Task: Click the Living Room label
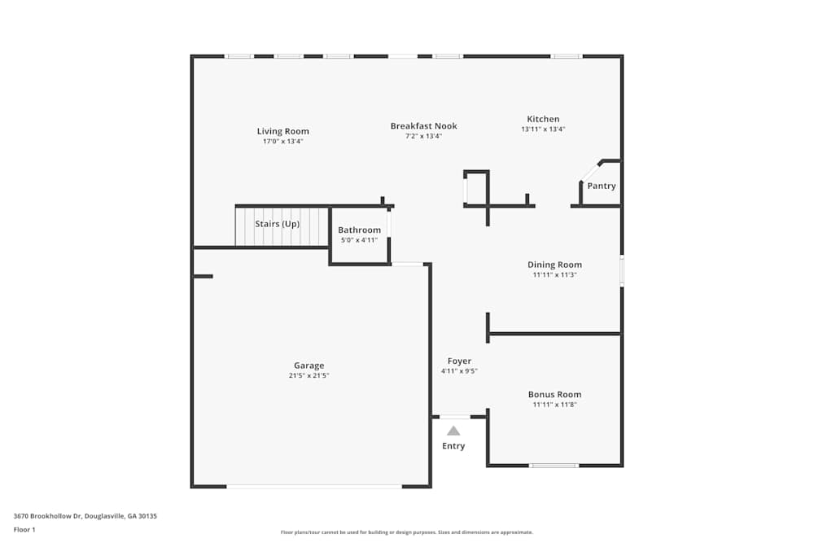(x=282, y=131)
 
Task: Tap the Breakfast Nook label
(x=423, y=126)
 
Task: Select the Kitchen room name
(x=543, y=119)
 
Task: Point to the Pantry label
(x=602, y=186)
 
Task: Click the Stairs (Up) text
(x=278, y=224)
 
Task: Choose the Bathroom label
(x=359, y=230)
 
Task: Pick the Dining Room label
(x=554, y=265)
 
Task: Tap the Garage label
(x=309, y=366)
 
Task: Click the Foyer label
(x=459, y=361)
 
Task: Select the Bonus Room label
(x=554, y=395)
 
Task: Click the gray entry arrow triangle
(x=453, y=431)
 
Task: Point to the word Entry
(x=453, y=446)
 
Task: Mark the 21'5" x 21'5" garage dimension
(x=309, y=375)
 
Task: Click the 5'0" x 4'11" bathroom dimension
(x=359, y=240)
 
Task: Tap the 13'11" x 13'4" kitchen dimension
(x=543, y=129)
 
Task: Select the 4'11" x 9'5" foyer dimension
(x=459, y=371)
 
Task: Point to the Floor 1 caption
(x=24, y=529)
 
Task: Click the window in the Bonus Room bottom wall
(x=554, y=466)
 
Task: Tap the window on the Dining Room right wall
(x=622, y=271)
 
